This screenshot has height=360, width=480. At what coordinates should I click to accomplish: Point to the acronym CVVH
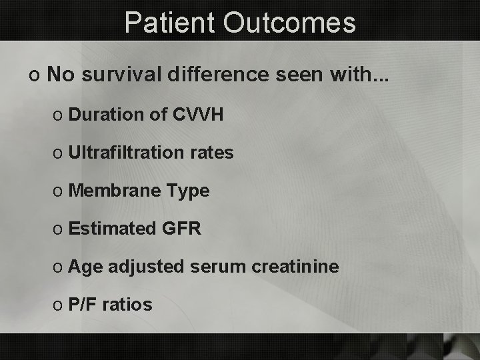click(x=197, y=115)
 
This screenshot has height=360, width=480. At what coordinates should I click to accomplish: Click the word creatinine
click(x=296, y=267)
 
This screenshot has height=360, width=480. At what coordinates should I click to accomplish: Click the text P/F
click(x=81, y=305)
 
